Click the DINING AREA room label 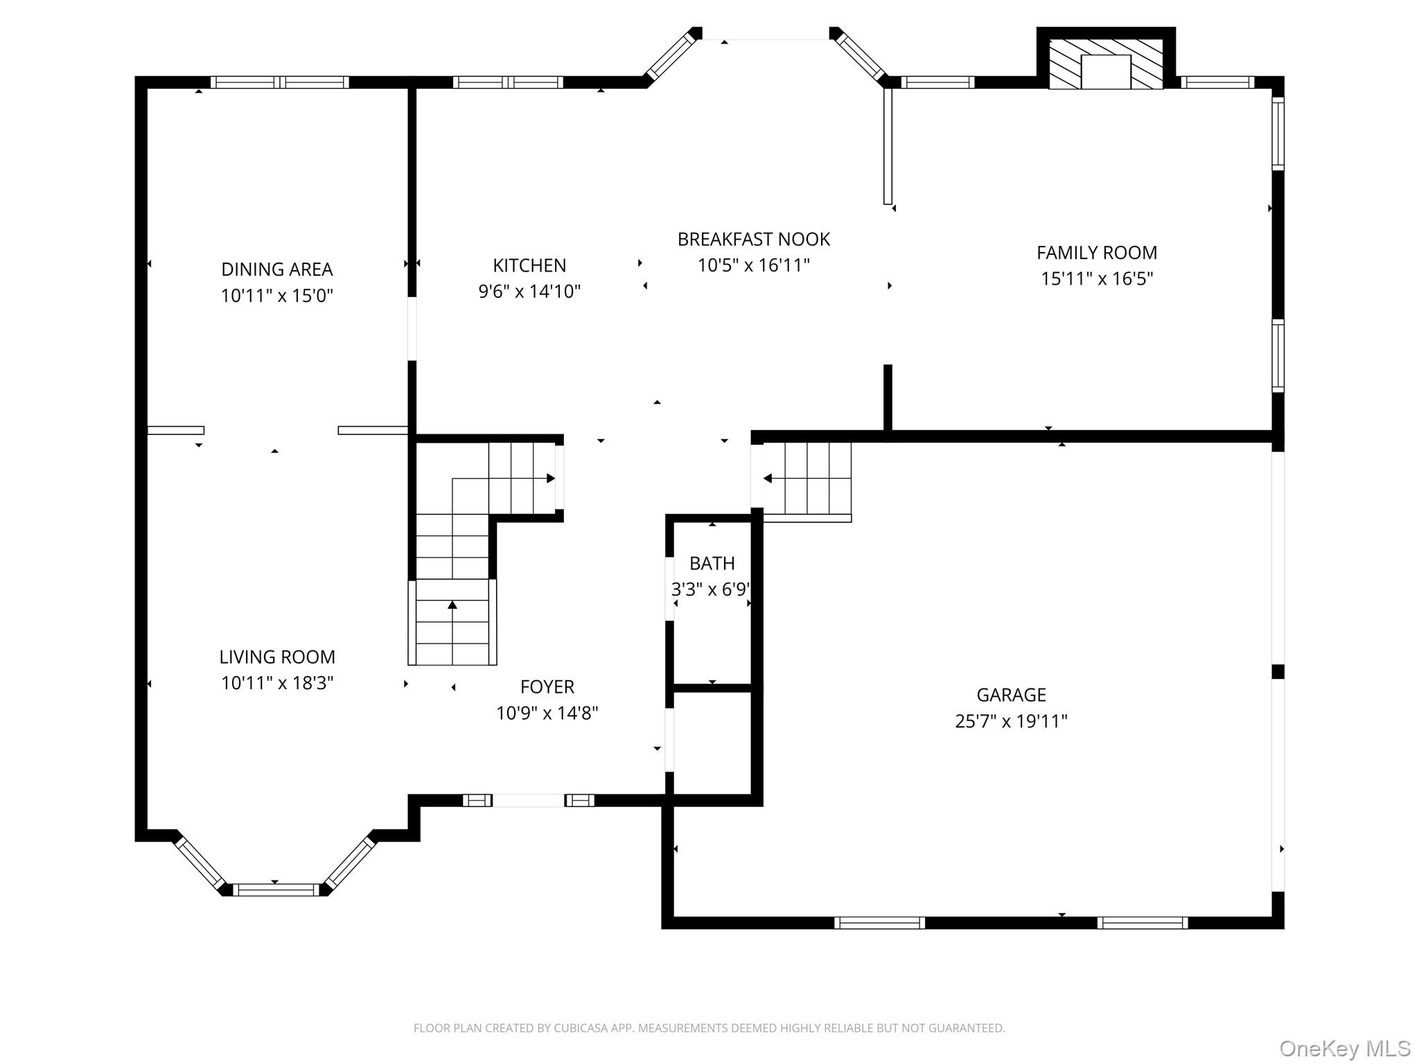click(x=277, y=269)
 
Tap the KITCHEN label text click(x=529, y=265)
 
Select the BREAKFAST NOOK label click(x=754, y=239)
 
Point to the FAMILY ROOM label click(x=1097, y=253)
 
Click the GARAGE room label click(x=1012, y=695)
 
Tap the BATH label click(x=712, y=563)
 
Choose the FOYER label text click(x=547, y=686)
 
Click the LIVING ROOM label click(x=277, y=657)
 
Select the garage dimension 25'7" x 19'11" click(x=1012, y=721)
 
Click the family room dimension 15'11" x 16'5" click(x=1097, y=278)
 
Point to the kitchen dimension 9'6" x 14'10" click(x=529, y=291)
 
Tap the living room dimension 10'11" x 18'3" click(x=277, y=683)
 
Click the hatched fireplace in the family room click(x=1106, y=64)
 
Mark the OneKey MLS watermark click(x=1345, y=1048)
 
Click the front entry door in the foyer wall click(x=529, y=800)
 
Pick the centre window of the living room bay click(x=276, y=889)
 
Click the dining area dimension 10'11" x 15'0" click(x=277, y=296)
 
